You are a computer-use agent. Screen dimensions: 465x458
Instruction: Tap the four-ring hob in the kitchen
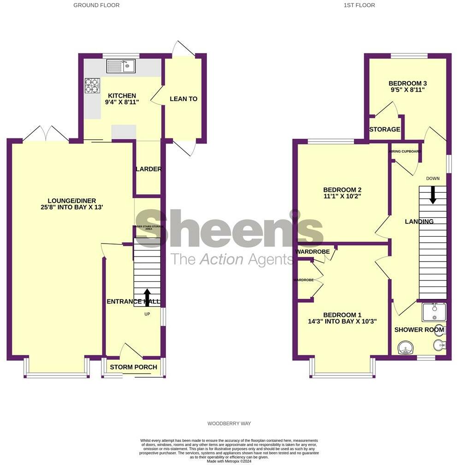(92, 86)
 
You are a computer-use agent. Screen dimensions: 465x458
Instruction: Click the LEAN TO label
(183, 99)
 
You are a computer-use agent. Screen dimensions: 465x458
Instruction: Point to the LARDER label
(148, 169)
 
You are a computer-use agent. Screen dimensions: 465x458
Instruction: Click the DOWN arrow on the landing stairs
(433, 194)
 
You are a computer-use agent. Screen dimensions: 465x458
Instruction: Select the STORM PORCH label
(133, 367)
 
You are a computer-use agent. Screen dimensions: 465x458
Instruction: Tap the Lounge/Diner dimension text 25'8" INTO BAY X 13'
(71, 208)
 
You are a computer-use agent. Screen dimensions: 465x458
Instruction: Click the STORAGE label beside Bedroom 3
(385, 130)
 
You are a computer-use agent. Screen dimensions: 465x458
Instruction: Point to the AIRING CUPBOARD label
(405, 151)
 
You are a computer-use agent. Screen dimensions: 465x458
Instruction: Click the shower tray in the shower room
(434, 312)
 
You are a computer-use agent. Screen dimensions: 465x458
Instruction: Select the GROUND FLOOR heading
(96, 6)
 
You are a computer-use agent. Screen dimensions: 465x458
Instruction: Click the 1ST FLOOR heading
(359, 6)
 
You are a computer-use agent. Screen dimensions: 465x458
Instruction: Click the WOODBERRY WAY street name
(229, 423)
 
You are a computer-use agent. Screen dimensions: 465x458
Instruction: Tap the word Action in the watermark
(221, 260)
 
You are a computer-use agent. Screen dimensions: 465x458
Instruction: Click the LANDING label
(419, 222)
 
